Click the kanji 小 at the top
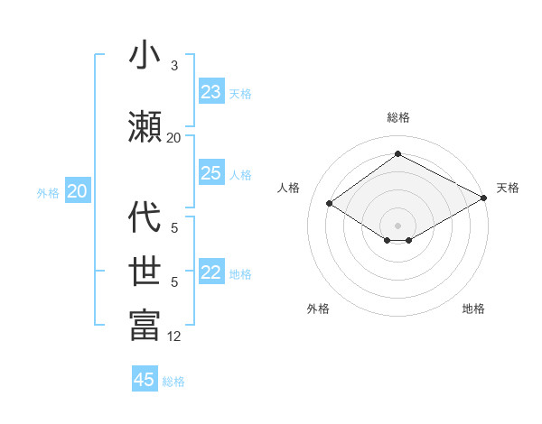coord(145,56)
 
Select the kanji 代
coord(145,217)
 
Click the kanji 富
coord(145,325)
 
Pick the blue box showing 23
coord(211,92)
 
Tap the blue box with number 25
coord(211,173)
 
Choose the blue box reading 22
coord(211,273)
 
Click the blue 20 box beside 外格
coord(78,191)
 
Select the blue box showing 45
coord(145,380)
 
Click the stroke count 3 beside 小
coord(174,66)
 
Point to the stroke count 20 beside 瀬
coord(174,137)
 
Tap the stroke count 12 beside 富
coord(174,336)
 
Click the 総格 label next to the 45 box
coord(173,382)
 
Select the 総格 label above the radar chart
coord(397,117)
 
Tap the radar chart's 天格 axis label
coord(508,188)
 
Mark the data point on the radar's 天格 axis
coord(484,198)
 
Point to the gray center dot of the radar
coord(397,224)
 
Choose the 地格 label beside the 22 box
coord(240,274)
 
